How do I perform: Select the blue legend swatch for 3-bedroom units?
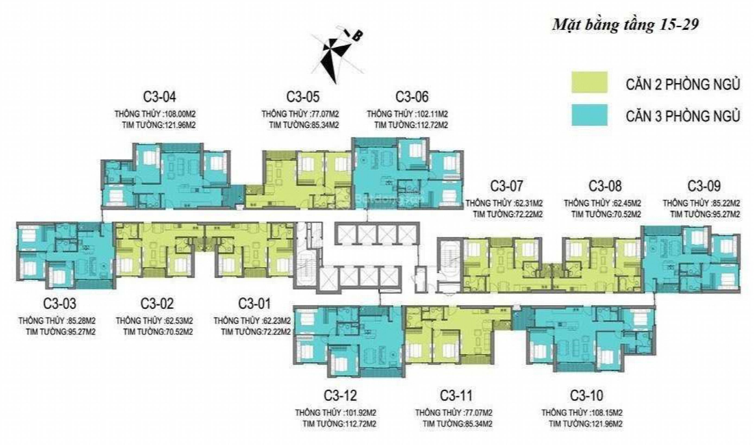589,115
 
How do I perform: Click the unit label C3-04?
159,97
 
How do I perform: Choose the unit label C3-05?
303,97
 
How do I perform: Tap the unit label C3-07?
506,186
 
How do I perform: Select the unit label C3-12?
340,396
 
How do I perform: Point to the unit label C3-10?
587,396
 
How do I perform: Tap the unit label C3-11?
456,396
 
